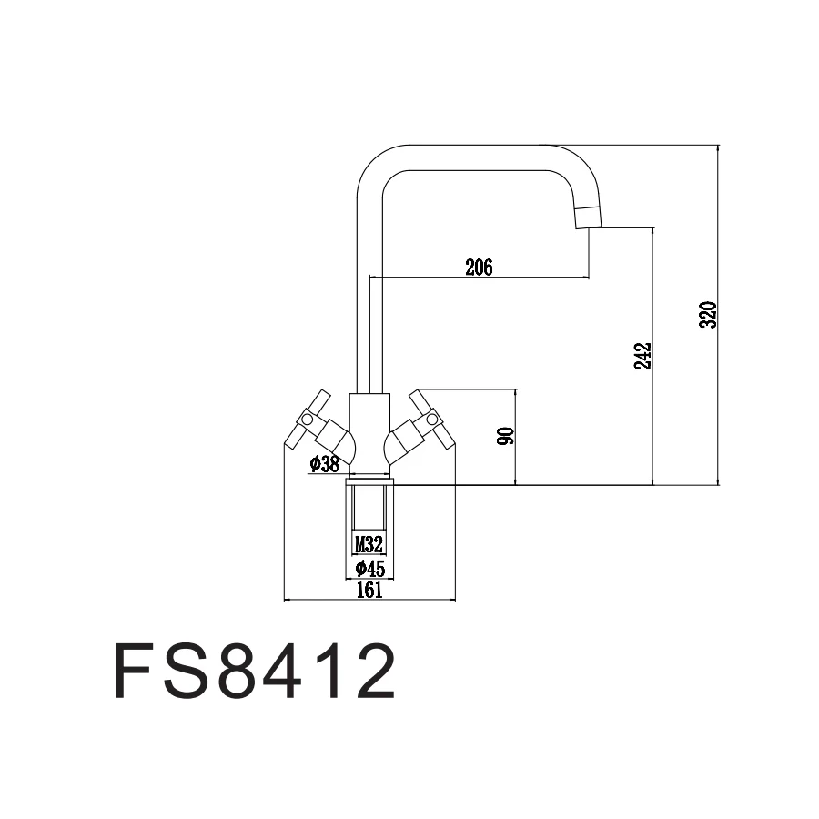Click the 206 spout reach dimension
click(x=478, y=267)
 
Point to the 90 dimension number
click(x=507, y=435)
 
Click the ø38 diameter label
click(x=324, y=464)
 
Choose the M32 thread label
click(x=369, y=544)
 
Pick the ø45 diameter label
click(x=369, y=569)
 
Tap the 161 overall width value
click(x=369, y=590)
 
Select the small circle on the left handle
click(x=307, y=420)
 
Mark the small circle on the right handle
click(x=432, y=420)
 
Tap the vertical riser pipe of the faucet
click(x=369, y=300)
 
